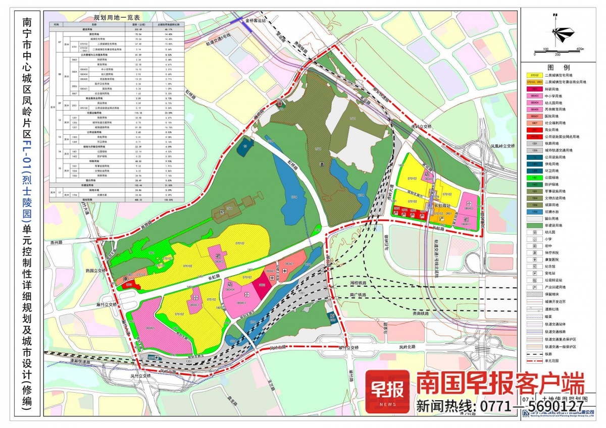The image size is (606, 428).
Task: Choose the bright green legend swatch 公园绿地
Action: pyautogui.click(x=534, y=178)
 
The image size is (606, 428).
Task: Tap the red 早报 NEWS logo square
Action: pyautogui.click(x=387, y=391)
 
